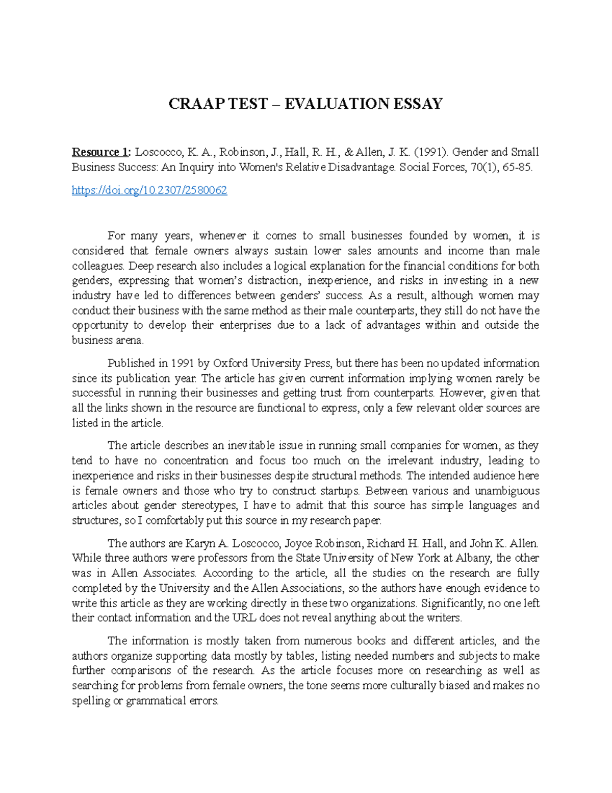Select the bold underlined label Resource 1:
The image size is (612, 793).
point(101,152)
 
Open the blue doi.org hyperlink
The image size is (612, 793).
point(149,190)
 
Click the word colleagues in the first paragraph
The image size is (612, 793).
point(97,266)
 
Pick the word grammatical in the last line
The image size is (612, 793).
point(156,701)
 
